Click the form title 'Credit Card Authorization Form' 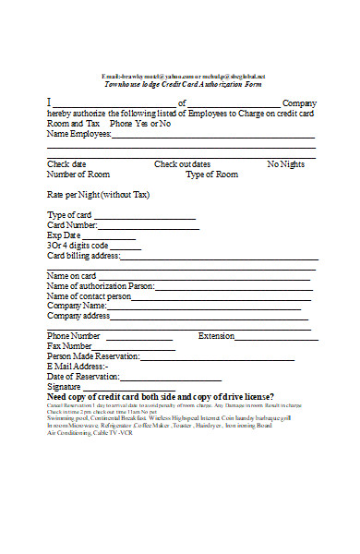pyautogui.click(x=183, y=83)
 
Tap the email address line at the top pyautogui.click(x=183, y=76)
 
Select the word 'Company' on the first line pyautogui.click(x=299, y=103)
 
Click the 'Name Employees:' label pyautogui.click(x=78, y=134)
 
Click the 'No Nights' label pyautogui.click(x=285, y=164)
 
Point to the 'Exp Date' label pyautogui.click(x=64, y=235)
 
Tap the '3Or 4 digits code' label pyautogui.click(x=78, y=246)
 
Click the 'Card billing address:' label pyautogui.click(x=83, y=256)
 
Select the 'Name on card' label pyautogui.click(x=71, y=276)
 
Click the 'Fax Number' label pyautogui.click(x=69, y=346)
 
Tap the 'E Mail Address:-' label pyautogui.click(x=78, y=367)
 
